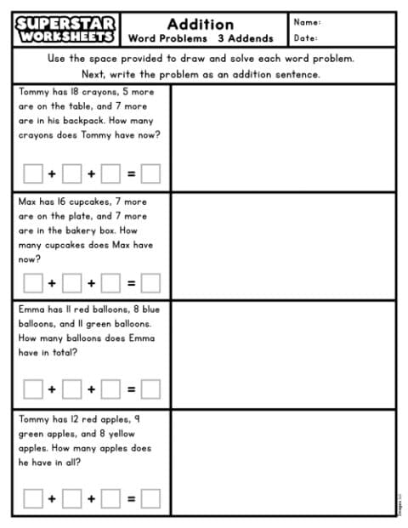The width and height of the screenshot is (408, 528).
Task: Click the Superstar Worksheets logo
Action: tap(66, 29)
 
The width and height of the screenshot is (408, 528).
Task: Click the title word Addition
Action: tap(201, 23)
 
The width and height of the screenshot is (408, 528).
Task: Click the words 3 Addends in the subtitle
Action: tap(246, 38)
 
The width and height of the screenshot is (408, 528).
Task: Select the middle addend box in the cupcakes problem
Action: tap(71, 281)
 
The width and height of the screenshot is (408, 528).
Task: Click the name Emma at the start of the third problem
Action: tap(30, 309)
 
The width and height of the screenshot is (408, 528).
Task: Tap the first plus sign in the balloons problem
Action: tap(51, 389)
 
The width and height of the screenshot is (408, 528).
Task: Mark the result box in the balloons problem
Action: tap(150, 389)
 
